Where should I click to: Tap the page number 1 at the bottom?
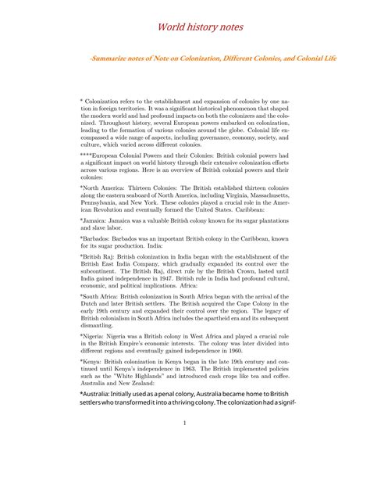184,424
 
